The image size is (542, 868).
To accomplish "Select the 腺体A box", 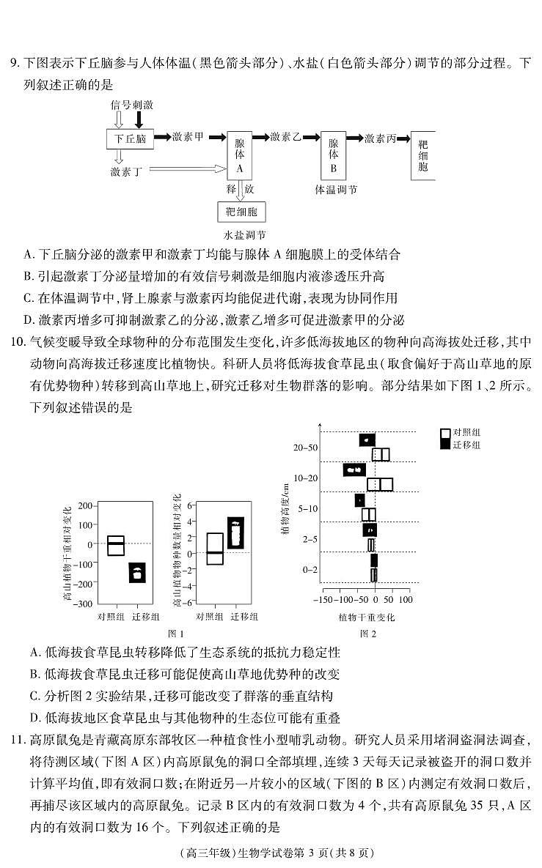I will pos(239,156).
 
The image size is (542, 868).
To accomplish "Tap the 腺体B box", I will pos(333,156).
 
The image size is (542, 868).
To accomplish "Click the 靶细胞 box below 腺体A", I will pos(241,212).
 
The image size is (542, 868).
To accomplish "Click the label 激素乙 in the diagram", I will pos(285,137).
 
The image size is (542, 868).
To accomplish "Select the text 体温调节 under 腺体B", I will pos(336,190).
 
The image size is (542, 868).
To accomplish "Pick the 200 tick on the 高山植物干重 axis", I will pos(85,506).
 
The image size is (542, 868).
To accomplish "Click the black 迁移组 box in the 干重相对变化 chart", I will pos(137,572).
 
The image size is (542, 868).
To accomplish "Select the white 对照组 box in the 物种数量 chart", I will pos(214,549).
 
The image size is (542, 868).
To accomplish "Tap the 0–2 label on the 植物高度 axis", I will pos(310,570).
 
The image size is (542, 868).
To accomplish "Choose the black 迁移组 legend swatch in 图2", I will pos(444,445).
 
